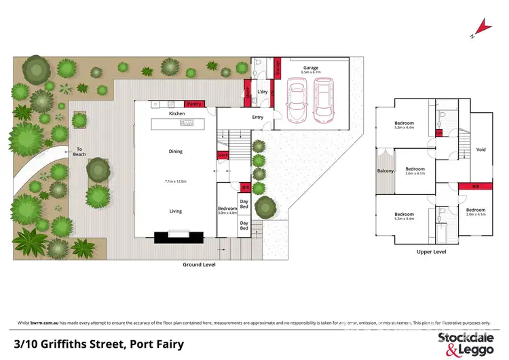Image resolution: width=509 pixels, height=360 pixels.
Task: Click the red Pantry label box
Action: [194, 104]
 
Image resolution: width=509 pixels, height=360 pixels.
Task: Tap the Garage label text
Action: [311, 68]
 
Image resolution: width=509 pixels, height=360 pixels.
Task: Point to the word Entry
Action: [257, 117]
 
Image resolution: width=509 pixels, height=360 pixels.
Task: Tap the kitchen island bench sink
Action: [187, 122]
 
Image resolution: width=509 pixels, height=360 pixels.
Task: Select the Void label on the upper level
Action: [481, 150]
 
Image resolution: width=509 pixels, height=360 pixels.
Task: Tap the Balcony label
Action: [385, 170]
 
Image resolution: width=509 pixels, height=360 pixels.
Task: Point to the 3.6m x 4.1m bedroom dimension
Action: [415, 173]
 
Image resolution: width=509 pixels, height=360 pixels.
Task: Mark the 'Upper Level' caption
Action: [431, 251]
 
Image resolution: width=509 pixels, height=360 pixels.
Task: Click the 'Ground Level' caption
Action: [200, 264]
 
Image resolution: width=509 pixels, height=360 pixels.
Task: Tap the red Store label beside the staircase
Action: [222, 156]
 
